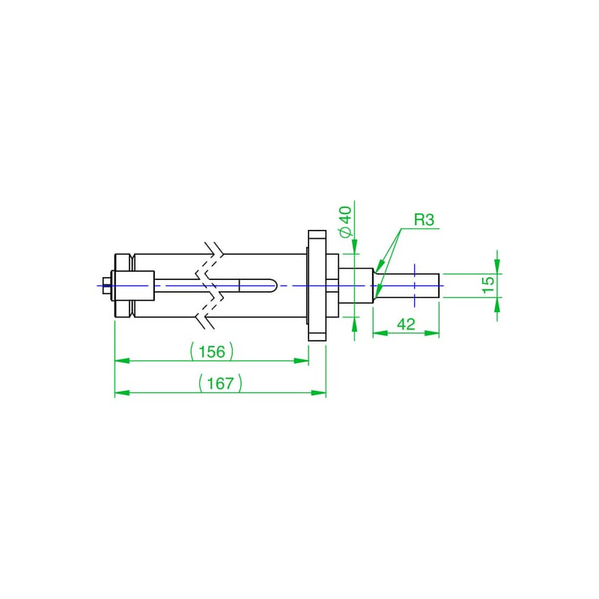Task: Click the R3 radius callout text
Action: click(425, 220)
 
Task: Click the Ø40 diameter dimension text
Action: click(346, 222)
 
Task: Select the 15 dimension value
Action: click(488, 285)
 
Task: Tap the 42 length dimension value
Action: click(406, 324)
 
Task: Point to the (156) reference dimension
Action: click(212, 351)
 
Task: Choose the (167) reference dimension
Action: click(221, 383)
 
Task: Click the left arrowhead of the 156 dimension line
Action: click(122, 361)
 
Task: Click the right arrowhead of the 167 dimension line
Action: click(319, 392)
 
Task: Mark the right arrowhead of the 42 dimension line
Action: click(432, 333)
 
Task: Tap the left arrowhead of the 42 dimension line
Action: click(380, 333)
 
